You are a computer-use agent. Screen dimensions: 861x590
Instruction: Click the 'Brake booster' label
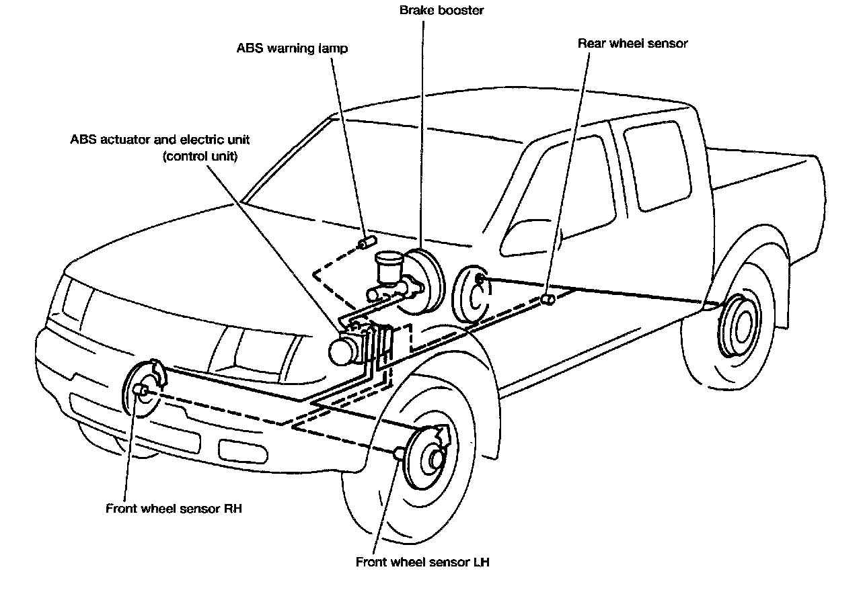click(442, 10)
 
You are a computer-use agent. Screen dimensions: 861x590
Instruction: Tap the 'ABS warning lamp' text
click(292, 48)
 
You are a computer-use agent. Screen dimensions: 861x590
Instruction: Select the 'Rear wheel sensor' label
click(633, 44)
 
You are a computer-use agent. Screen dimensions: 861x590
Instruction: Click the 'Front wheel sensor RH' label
click(174, 509)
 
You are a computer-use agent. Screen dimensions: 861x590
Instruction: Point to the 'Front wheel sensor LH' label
click(422, 562)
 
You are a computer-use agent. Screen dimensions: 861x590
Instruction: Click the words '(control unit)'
click(200, 157)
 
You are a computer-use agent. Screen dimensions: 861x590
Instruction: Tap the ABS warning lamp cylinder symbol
click(367, 243)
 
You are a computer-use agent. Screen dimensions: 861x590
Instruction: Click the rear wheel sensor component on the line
click(548, 299)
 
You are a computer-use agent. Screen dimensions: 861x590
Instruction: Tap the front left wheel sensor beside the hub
click(400, 454)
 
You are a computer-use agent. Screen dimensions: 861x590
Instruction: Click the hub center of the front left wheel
click(437, 459)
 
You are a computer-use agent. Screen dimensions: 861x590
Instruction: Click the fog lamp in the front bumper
click(243, 451)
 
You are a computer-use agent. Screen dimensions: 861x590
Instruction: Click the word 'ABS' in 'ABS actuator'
click(83, 139)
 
